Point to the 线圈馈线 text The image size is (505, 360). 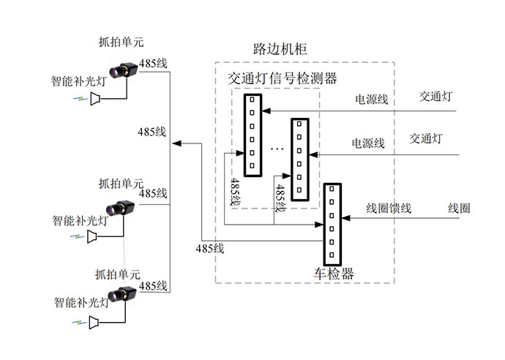(x=388, y=209)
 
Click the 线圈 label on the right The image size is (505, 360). (x=459, y=208)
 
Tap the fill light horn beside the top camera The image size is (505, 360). (x=96, y=99)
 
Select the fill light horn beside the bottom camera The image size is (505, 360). (x=94, y=321)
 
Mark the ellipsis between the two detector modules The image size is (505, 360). (x=277, y=149)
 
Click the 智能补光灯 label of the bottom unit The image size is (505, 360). (x=81, y=301)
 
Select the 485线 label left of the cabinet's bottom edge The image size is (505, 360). (x=209, y=248)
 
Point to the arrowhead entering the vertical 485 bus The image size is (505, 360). (x=176, y=143)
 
